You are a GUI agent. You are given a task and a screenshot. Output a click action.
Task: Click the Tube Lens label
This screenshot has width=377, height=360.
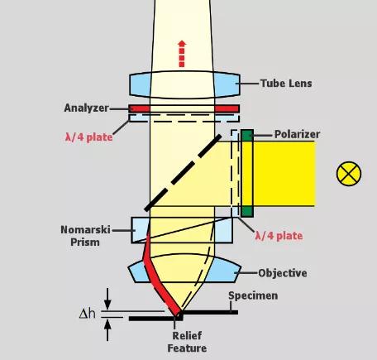coord(286,84)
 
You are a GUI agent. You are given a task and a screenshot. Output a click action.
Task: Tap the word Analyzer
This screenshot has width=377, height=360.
coord(86,108)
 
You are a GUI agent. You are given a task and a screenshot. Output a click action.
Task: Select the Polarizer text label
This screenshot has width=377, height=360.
coord(297,134)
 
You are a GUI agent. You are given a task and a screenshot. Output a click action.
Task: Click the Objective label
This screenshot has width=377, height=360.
coord(283,273)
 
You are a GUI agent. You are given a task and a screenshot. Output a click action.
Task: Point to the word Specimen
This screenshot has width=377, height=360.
coord(253,295)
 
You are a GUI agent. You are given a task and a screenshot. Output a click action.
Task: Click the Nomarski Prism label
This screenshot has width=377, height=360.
coord(85,236)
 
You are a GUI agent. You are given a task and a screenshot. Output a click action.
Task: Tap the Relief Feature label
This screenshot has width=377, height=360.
coord(187,342)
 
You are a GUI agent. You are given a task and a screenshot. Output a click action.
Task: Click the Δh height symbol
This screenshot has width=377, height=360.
coord(87,314)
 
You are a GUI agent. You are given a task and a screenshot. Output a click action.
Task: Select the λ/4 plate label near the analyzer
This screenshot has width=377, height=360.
coord(88,137)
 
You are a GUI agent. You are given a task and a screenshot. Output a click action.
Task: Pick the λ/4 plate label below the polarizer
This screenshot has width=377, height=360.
coord(279,236)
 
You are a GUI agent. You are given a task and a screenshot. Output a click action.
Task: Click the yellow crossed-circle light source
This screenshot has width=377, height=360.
coord(349,174)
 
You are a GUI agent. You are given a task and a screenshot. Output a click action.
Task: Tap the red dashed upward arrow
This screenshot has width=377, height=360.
coord(182,54)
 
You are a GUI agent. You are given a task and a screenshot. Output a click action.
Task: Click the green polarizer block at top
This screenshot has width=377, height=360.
coord(247,136)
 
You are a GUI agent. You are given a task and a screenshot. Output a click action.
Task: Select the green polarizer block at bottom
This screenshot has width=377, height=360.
coord(247,211)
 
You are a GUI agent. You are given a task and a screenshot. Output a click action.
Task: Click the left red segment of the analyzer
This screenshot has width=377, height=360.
coord(140,108)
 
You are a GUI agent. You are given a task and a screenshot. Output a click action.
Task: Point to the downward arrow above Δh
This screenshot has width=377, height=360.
coord(107,299)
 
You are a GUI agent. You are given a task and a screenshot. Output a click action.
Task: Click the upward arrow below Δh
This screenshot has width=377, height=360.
coord(107,329)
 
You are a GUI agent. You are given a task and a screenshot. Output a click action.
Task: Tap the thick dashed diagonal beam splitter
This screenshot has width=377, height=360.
coord(183,173)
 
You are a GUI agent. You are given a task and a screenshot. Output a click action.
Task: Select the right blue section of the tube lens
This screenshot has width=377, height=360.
coord(227,84)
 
